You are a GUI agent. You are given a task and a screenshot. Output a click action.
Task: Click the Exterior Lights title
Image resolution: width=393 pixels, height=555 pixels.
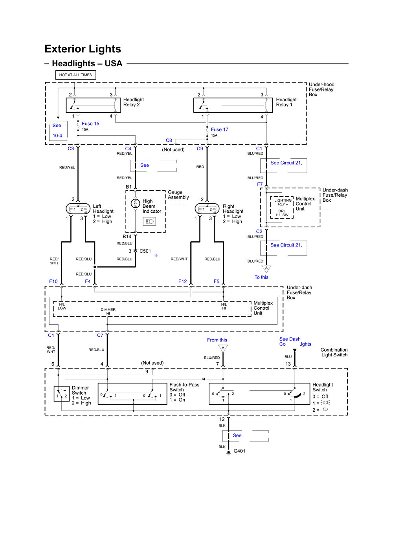(x=83, y=49)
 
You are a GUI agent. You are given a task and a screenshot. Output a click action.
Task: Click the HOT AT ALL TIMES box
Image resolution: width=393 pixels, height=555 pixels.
(x=75, y=75)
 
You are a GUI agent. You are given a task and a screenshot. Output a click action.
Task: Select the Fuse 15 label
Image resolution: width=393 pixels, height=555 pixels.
(x=90, y=124)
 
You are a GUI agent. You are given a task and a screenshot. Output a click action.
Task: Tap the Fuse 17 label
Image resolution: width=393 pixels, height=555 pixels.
(x=219, y=130)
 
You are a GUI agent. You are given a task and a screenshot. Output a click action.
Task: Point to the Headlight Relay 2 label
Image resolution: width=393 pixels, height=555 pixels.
(x=133, y=102)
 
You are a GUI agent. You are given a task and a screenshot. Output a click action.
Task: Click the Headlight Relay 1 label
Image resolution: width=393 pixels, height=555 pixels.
(x=286, y=102)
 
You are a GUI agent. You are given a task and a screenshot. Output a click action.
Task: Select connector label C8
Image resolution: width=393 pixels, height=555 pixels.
(x=169, y=141)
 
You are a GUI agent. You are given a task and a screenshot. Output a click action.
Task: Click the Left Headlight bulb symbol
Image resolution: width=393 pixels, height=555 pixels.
(x=78, y=209)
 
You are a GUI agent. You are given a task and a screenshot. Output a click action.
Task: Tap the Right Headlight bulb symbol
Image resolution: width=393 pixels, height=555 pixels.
(x=207, y=209)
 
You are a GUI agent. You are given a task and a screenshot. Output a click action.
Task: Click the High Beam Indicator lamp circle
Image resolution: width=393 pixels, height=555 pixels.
(x=135, y=203)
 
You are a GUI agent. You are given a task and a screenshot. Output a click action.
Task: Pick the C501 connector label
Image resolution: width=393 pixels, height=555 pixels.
(x=145, y=251)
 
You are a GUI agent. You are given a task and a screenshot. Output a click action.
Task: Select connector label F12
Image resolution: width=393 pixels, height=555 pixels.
(x=182, y=281)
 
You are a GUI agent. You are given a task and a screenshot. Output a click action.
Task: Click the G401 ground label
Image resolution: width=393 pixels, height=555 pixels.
(x=239, y=451)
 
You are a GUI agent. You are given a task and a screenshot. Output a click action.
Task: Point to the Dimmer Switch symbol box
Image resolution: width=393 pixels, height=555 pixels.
(x=61, y=394)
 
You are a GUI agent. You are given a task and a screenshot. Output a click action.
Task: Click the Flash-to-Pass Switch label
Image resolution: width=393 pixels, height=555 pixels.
(x=184, y=387)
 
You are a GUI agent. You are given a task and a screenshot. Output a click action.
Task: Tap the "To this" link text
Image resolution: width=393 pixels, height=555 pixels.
(x=261, y=277)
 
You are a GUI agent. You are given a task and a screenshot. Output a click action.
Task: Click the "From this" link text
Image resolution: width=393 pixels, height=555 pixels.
(x=217, y=340)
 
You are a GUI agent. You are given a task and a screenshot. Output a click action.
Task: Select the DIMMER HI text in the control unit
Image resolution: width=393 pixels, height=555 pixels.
(x=108, y=311)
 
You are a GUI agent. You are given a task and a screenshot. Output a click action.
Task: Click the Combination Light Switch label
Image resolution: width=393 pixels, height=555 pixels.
(x=334, y=352)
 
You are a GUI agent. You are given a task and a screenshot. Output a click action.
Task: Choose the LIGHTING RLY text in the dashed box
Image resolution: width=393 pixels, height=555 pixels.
(x=283, y=202)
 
